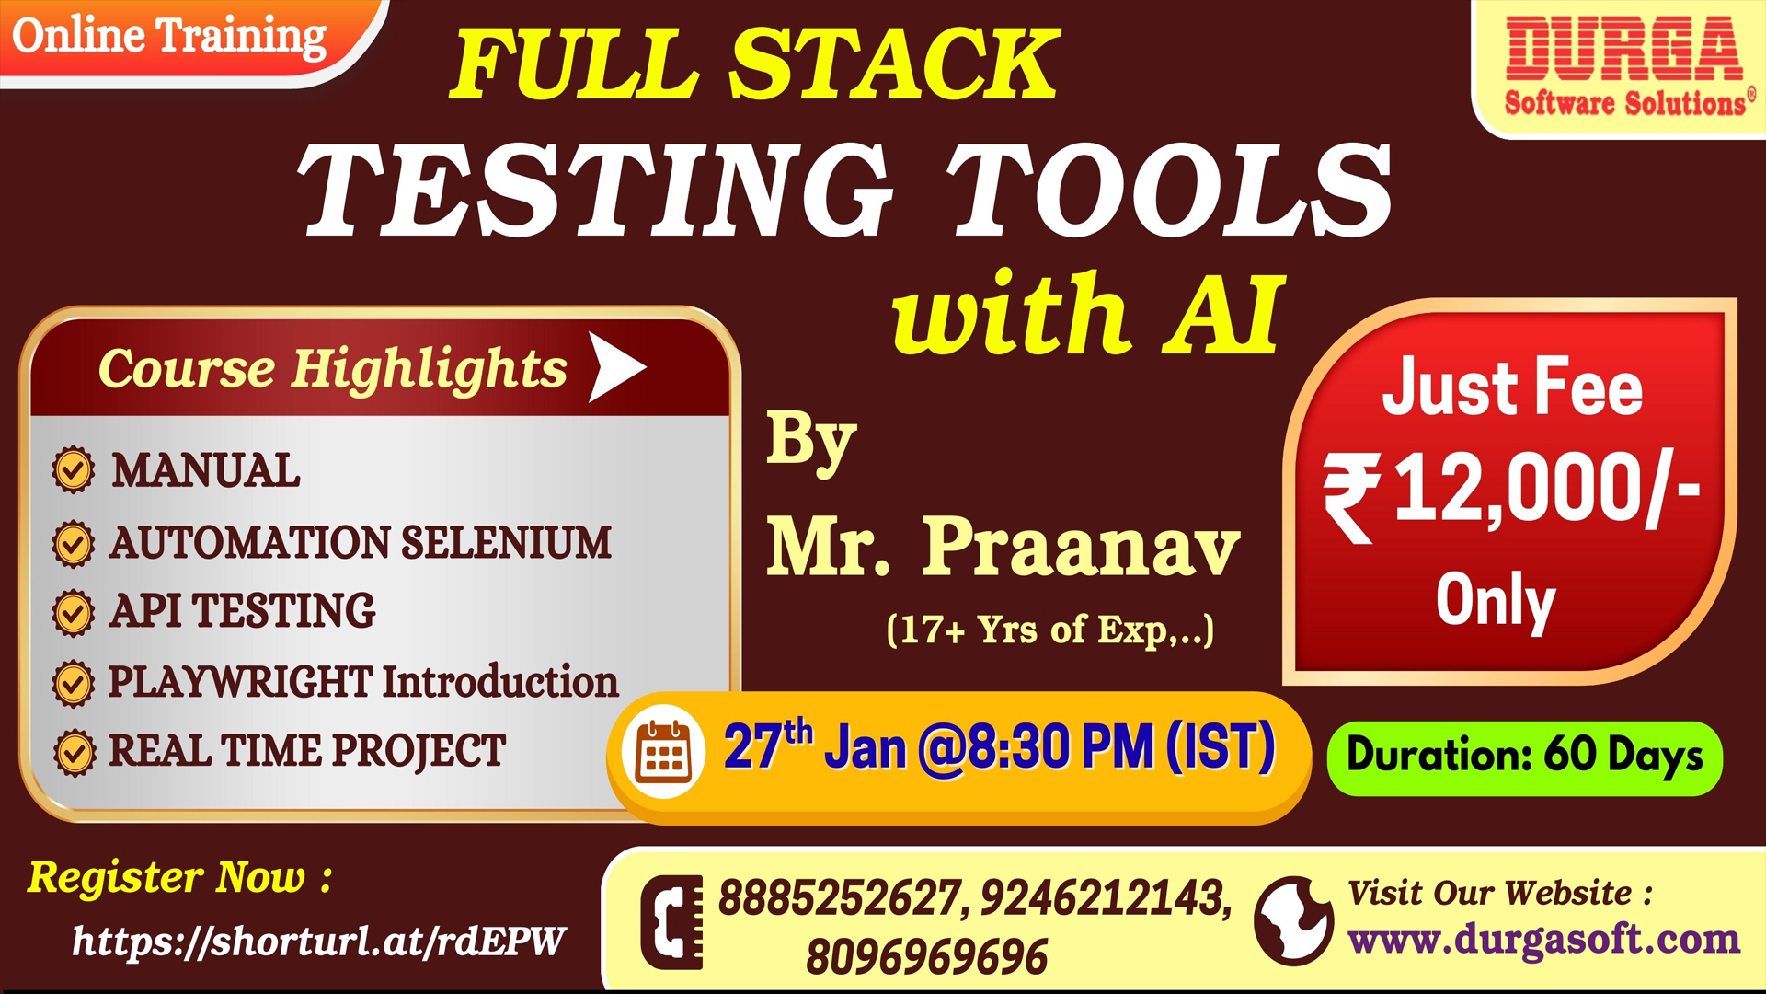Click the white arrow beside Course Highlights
point(617,367)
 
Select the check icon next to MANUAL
point(74,470)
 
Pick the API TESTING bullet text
point(243,610)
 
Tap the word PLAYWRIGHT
point(240,682)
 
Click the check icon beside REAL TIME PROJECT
point(74,753)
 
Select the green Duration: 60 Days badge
point(1525,757)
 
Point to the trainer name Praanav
point(1082,547)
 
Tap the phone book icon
point(671,922)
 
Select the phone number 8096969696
point(927,957)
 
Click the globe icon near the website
point(1293,920)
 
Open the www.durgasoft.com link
point(1544,940)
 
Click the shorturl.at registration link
point(318,941)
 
